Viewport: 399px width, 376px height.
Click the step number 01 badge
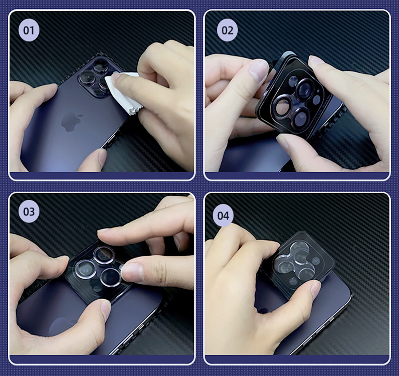(29, 30)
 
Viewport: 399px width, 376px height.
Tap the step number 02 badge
(227, 30)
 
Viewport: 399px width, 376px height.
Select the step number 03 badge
(29, 211)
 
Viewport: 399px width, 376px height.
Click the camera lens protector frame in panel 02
(293, 94)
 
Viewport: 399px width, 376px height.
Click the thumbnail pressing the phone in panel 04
(315, 289)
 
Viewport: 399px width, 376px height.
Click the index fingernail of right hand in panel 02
(316, 60)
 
